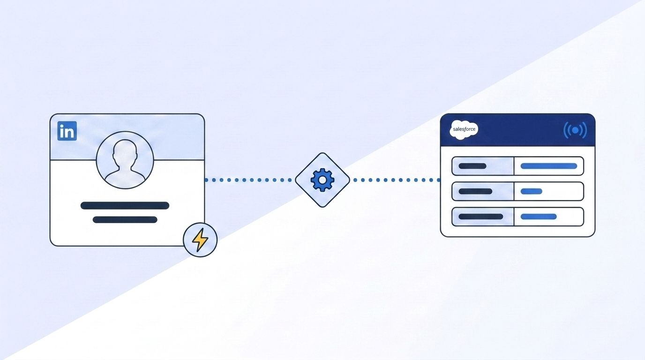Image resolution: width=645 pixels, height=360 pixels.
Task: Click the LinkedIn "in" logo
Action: (67, 131)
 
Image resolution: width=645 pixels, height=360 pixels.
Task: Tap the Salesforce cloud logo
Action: (464, 130)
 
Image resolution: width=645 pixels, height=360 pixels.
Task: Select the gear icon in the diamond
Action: (322, 180)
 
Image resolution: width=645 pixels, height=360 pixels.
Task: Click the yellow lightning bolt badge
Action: (200, 240)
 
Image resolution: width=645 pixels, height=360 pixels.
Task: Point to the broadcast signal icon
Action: (575, 130)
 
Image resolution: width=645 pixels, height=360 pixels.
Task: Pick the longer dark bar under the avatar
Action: (125, 206)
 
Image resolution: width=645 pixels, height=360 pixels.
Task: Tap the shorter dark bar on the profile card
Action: (125, 220)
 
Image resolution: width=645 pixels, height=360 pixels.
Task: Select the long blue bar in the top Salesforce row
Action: (549, 166)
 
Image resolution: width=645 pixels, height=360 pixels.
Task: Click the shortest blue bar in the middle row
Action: (532, 191)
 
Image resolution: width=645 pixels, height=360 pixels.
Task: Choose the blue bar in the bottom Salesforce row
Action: (539, 217)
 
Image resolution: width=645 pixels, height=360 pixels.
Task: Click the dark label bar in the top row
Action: (472, 166)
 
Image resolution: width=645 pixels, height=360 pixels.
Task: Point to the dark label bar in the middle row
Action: (475, 191)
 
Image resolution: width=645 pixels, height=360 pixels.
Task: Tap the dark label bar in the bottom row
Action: (481, 217)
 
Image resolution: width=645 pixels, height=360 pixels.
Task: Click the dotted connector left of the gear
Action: (248, 180)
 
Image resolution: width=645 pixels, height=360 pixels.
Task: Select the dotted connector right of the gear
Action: (397, 180)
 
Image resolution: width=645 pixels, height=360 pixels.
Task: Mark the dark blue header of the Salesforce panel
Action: (517, 130)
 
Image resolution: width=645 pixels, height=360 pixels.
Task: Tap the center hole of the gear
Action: (322, 180)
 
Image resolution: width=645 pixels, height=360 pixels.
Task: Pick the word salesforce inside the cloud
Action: (464, 129)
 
